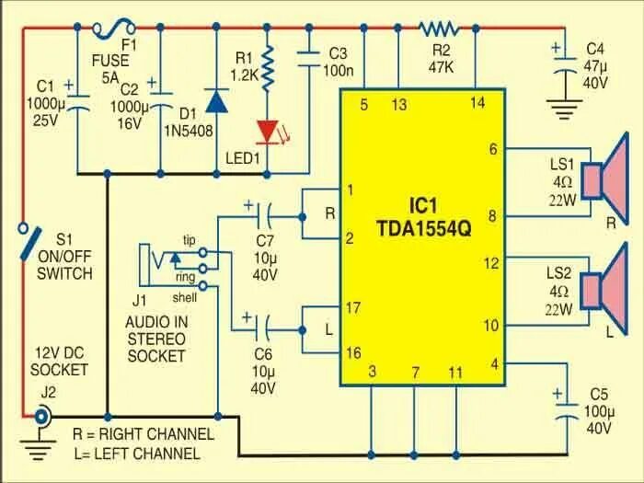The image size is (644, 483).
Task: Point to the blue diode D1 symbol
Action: (x=217, y=101)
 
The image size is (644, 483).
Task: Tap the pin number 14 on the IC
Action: (x=477, y=103)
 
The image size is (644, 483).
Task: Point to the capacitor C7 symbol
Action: (x=266, y=217)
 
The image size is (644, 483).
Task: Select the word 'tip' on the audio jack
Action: (x=189, y=239)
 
